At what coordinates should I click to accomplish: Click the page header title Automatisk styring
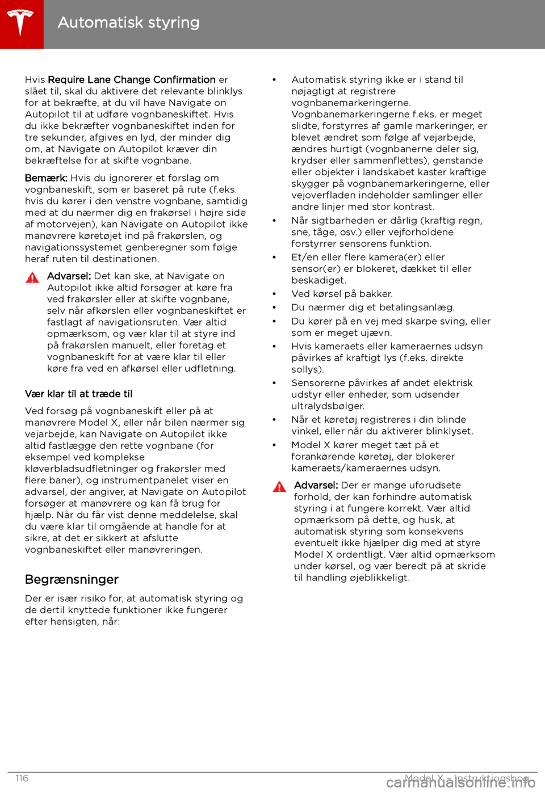129,23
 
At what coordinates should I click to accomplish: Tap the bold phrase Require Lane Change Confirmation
132,80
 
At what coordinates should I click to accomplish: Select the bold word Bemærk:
46,178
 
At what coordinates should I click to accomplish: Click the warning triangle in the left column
32,277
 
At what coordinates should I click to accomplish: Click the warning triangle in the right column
279,487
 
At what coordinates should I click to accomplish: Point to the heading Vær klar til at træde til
78,394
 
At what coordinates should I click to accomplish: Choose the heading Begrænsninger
72,580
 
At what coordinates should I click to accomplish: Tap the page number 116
22,778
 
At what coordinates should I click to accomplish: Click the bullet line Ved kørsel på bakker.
342,294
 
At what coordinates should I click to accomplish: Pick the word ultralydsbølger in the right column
327,406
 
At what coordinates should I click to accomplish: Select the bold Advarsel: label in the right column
316,486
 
